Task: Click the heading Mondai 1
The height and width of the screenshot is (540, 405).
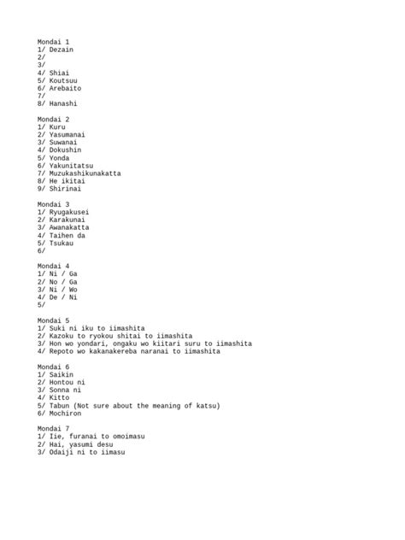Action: tap(53, 41)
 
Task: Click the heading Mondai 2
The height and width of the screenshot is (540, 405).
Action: tap(53, 119)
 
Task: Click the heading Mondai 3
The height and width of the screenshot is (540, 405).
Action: tap(53, 204)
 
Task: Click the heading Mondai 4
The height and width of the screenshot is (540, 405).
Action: tap(53, 266)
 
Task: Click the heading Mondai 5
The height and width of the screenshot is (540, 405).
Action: tap(53, 320)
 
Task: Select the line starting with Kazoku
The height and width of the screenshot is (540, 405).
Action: tap(114, 336)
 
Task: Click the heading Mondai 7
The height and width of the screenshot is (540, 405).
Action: tap(53, 428)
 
